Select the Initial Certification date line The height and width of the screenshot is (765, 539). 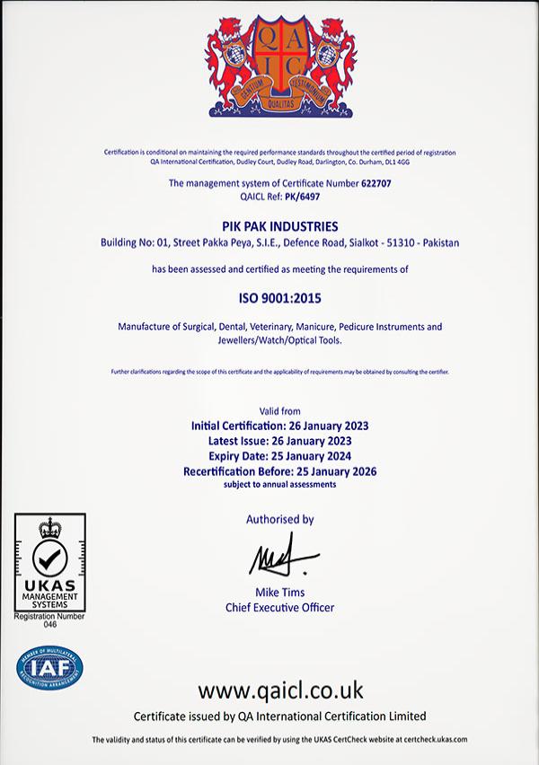(280, 426)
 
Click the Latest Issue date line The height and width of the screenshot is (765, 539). (279, 441)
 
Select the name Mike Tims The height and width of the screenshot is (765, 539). (279, 594)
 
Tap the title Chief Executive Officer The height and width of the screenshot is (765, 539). (279, 608)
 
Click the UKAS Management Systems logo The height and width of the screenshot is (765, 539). (50, 561)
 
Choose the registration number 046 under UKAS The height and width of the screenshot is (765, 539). (49, 624)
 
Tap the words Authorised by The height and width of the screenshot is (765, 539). (279, 519)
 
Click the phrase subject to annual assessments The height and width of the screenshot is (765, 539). (279, 485)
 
